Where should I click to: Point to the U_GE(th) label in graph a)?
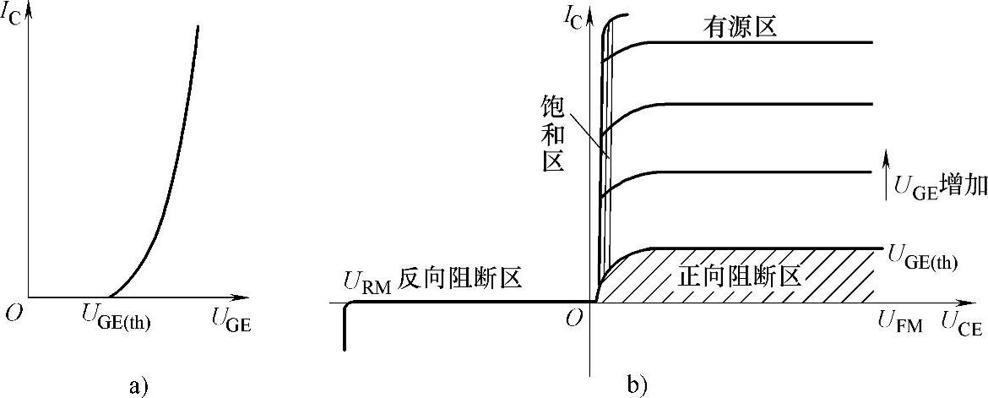pyautogui.click(x=116, y=321)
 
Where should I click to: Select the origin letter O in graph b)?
pyautogui.click(x=574, y=319)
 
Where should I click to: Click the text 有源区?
pyautogui.click(x=740, y=28)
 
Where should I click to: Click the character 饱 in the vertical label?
pyautogui.click(x=552, y=106)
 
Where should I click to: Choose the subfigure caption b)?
pyautogui.click(x=638, y=387)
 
